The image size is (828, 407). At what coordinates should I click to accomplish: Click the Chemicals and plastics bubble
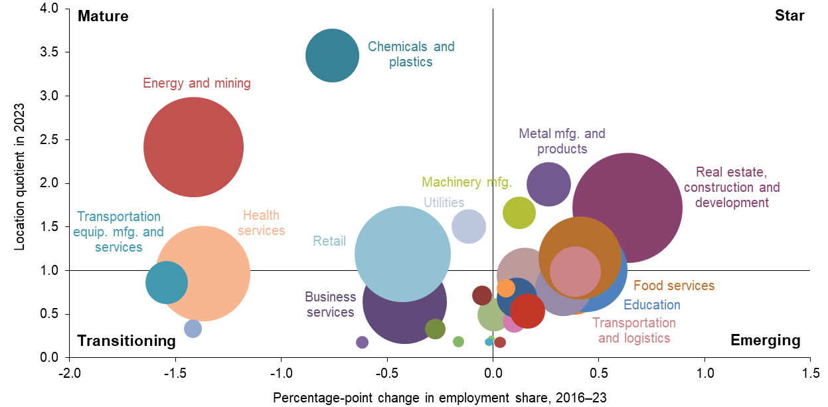[x=332, y=56]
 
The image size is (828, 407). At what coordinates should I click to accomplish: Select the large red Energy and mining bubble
[x=193, y=147]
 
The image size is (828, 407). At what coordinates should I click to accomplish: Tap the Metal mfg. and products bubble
[x=548, y=185]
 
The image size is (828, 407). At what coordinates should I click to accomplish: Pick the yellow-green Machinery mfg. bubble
[x=519, y=213]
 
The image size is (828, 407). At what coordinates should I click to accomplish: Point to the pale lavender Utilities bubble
[x=469, y=226]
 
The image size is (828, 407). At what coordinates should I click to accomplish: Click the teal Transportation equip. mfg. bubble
[x=166, y=282]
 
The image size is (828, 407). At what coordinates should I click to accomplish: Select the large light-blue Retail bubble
[x=403, y=253]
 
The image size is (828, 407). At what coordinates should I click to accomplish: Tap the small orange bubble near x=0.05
[x=506, y=288]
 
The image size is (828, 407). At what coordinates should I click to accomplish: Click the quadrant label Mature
[x=103, y=17]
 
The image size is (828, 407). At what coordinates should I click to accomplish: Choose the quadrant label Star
[x=789, y=16]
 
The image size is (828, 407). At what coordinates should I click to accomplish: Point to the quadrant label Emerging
[x=765, y=341]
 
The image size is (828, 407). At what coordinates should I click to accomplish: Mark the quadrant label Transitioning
[x=126, y=341]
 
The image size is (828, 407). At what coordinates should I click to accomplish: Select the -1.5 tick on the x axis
[x=175, y=372]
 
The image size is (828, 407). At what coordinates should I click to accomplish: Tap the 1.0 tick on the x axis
[x=704, y=372]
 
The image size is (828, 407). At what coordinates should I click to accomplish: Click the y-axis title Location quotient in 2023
[x=20, y=176]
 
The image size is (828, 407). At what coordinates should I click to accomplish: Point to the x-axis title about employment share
[x=440, y=397]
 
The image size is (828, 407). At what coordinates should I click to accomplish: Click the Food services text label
[x=673, y=286]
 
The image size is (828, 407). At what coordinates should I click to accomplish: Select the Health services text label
[x=261, y=223]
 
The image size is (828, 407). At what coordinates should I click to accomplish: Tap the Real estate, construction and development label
[x=731, y=188]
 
